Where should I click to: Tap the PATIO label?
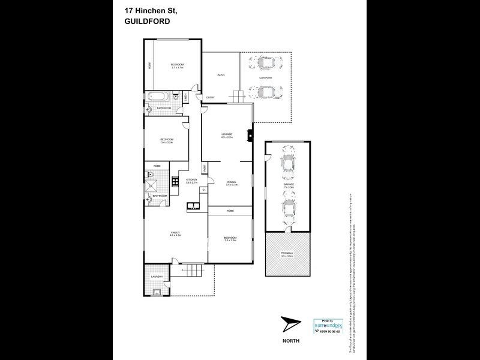[x=220, y=75]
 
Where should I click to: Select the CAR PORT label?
[x=265, y=77]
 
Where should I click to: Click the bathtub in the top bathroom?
[x=156, y=97]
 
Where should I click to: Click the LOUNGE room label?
[x=227, y=134]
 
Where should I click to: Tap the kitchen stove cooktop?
[x=175, y=180]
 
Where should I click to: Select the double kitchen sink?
[x=194, y=207]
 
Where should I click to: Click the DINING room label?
[x=232, y=182]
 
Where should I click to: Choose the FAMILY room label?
[x=175, y=232]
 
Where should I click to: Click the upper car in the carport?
[x=266, y=62]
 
